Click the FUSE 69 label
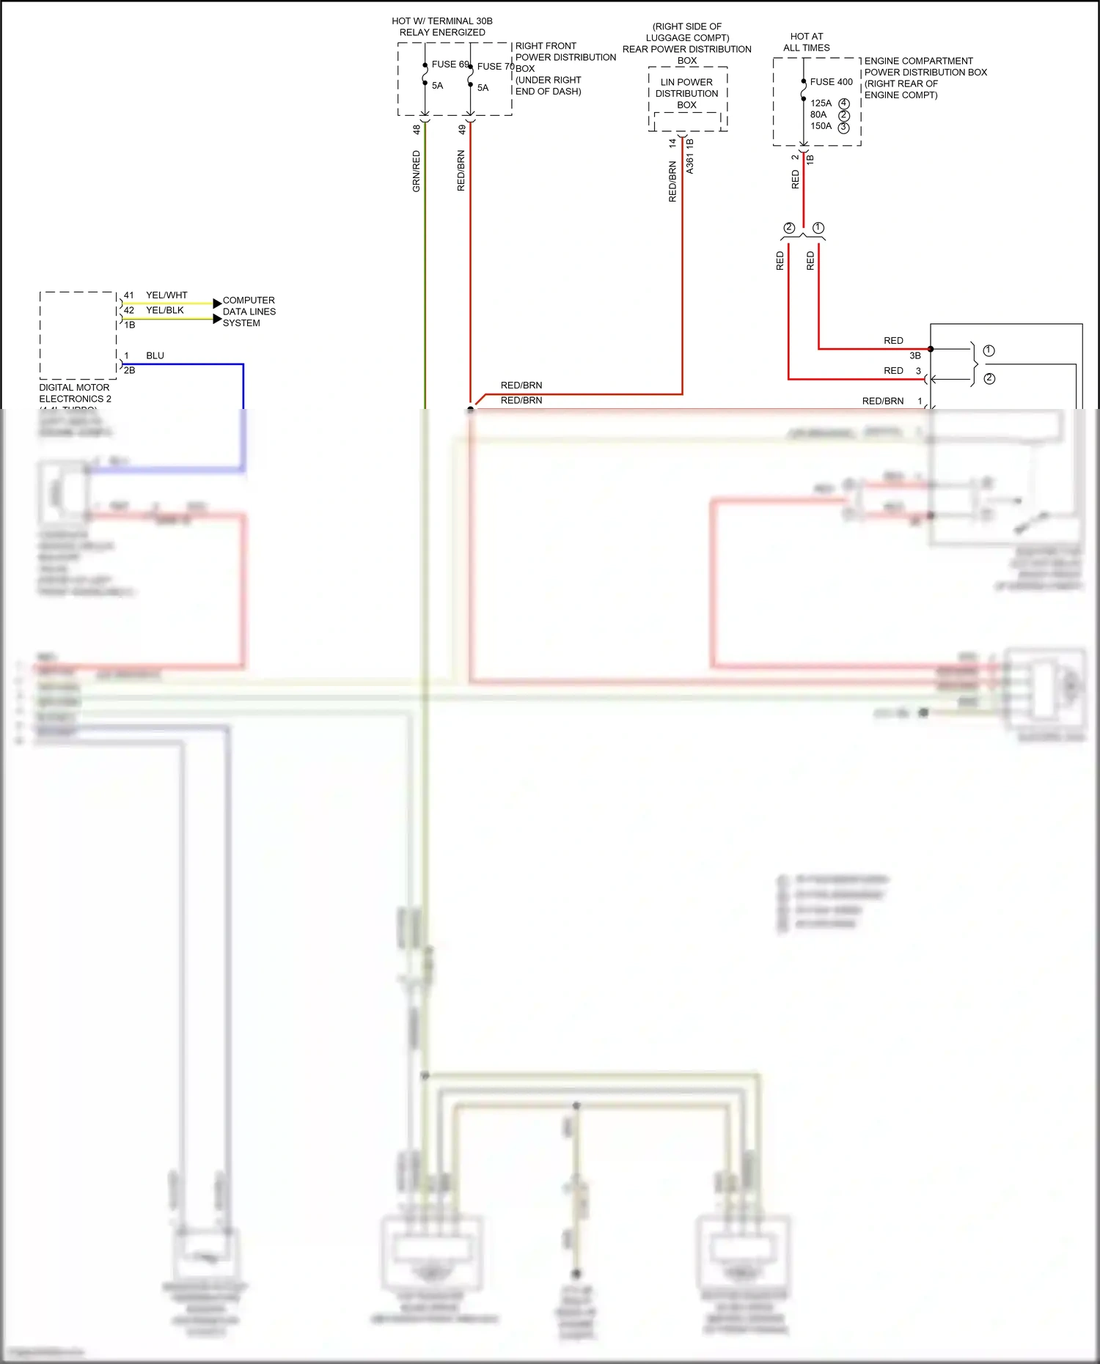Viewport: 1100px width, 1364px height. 450,64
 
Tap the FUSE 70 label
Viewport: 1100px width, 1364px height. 495,67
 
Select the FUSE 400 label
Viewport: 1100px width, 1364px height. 831,82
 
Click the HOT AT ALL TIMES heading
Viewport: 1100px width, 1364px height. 806,42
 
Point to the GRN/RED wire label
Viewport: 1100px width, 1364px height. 417,171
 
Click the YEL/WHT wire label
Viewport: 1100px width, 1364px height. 166,295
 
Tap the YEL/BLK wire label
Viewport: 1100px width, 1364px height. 165,310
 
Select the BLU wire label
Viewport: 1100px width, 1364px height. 155,355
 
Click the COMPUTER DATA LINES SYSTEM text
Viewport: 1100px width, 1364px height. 249,311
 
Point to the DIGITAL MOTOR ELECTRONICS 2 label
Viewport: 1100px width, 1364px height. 75,393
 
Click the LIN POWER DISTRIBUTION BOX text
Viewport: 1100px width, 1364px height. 686,93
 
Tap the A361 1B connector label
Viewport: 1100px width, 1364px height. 689,156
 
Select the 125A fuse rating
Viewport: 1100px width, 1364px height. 821,103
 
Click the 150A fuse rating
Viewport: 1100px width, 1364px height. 821,126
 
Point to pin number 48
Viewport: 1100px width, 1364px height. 417,130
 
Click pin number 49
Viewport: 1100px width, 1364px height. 462,130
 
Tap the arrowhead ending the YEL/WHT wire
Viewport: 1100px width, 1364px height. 217,303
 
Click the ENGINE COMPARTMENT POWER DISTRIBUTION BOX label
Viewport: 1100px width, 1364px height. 925,78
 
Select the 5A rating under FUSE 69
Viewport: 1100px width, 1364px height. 437,86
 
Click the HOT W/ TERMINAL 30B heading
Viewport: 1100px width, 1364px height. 442,26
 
